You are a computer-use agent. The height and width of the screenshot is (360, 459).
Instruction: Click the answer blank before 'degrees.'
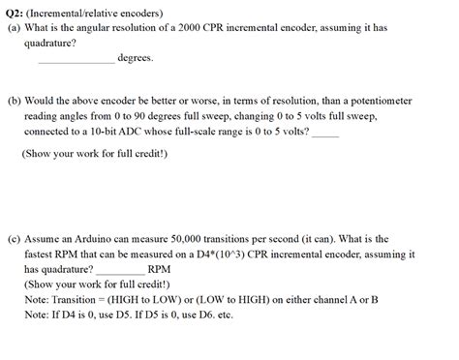tap(76, 57)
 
